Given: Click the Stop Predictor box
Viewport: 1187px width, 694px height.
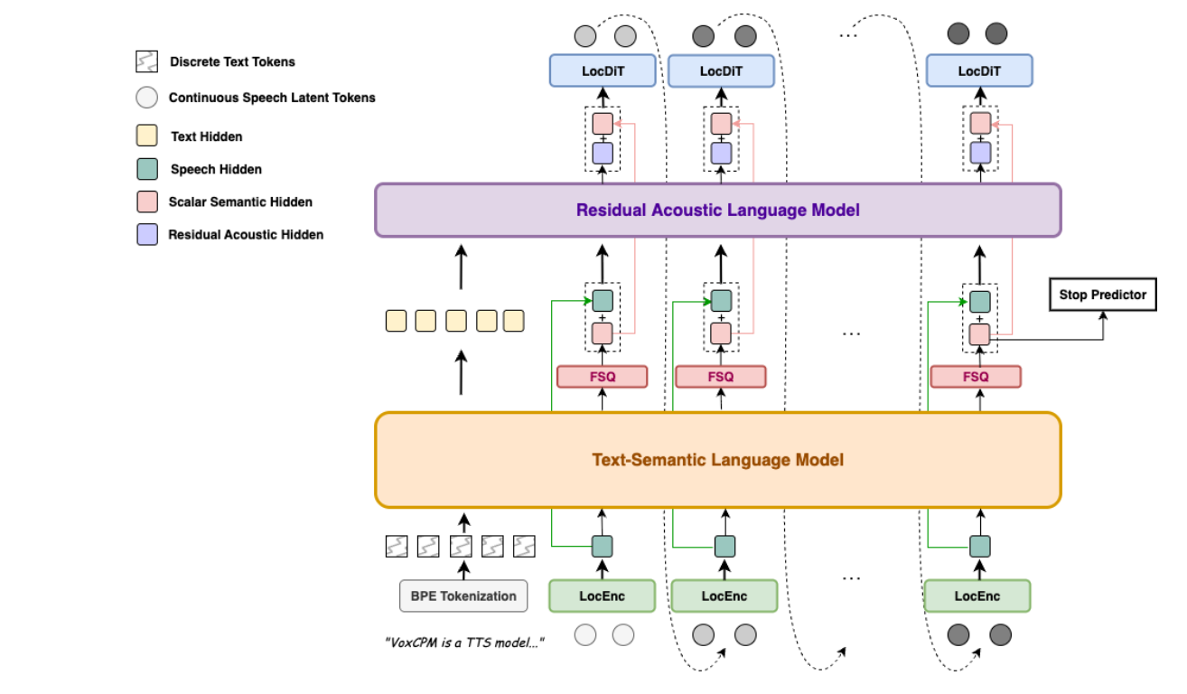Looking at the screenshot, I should (x=1102, y=295).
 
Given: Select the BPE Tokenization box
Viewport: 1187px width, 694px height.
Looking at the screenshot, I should (x=463, y=596).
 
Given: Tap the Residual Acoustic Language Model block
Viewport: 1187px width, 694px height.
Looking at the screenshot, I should (x=717, y=211).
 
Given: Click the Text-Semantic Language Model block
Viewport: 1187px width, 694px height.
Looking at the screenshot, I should (x=717, y=460).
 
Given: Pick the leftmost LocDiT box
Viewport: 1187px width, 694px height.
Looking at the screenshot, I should (x=603, y=71).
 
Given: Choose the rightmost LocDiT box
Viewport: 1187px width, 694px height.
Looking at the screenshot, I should (x=979, y=71).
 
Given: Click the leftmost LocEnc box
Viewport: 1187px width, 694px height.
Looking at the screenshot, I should (x=602, y=596).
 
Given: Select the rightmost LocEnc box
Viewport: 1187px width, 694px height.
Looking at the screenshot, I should (x=977, y=596).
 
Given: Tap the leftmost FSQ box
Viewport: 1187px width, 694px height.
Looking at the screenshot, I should (x=603, y=376).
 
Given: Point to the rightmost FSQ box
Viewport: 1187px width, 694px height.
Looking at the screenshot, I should (x=976, y=376).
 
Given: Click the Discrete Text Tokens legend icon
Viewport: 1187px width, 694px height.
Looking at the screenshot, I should (x=145, y=62).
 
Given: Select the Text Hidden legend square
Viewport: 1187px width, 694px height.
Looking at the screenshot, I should (x=146, y=136).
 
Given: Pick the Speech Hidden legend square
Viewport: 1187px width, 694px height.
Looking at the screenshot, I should (x=146, y=169).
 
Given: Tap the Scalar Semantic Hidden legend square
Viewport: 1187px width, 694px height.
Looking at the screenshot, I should (x=146, y=202).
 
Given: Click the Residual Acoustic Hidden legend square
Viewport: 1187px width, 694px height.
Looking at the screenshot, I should (x=146, y=234).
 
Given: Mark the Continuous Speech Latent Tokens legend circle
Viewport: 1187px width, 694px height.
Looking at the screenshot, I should (x=146, y=98).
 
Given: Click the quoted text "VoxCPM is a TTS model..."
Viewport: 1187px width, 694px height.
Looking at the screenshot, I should (x=464, y=642).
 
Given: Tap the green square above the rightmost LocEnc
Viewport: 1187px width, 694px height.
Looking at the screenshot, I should (x=979, y=546).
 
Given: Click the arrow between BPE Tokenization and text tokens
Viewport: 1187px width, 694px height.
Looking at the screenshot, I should (x=464, y=569).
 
